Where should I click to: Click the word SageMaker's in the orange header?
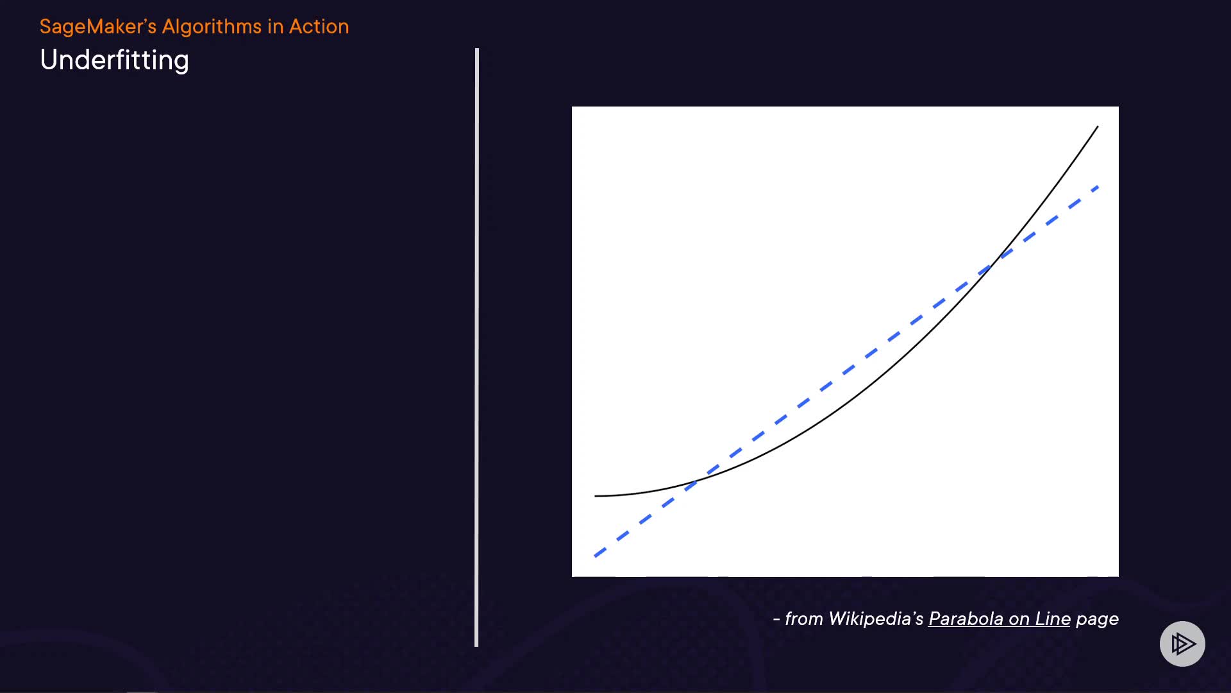tap(98, 27)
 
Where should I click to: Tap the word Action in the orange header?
tap(319, 26)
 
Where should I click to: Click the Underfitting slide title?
tap(114, 60)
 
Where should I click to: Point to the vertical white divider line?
tap(476, 347)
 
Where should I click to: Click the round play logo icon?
tap(1182, 644)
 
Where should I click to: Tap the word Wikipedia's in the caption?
tap(876, 619)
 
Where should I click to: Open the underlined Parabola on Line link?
tap(1000, 619)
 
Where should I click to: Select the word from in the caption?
tap(804, 619)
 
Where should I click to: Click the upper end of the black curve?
tap(1098, 126)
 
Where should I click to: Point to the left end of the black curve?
tap(595, 496)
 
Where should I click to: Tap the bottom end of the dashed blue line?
tap(595, 556)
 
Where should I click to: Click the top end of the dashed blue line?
tap(1099, 187)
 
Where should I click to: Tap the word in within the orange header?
tap(275, 26)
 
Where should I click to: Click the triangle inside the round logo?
tap(1183, 644)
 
